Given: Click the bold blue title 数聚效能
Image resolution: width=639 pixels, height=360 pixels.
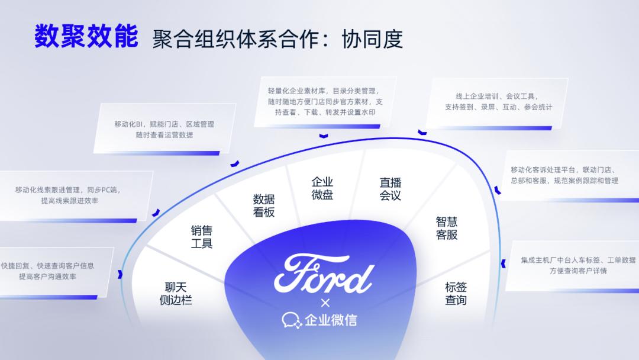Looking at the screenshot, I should coord(86,37).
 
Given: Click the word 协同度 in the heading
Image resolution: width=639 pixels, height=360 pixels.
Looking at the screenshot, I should coord(372,38).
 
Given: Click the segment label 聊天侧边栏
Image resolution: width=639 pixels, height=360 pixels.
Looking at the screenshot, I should coord(176,294).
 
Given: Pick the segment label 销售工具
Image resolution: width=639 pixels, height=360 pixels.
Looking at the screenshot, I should coord(201,237).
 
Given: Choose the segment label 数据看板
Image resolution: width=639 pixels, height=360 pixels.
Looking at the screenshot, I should coord(264,205).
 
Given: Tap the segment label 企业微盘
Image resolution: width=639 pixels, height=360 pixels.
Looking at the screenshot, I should coord(322,188).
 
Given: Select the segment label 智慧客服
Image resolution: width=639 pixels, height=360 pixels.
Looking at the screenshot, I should coord(447,228).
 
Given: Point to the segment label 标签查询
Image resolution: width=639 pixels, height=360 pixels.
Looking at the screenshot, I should coord(456,294).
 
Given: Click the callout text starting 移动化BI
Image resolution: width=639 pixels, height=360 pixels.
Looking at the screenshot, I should coord(164,129).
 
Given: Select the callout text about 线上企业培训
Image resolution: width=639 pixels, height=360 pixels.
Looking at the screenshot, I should coord(499,102).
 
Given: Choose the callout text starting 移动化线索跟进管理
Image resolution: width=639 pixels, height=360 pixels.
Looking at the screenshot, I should coord(70,195).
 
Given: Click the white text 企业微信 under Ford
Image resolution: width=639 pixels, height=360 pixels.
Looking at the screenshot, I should coord(331,320).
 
